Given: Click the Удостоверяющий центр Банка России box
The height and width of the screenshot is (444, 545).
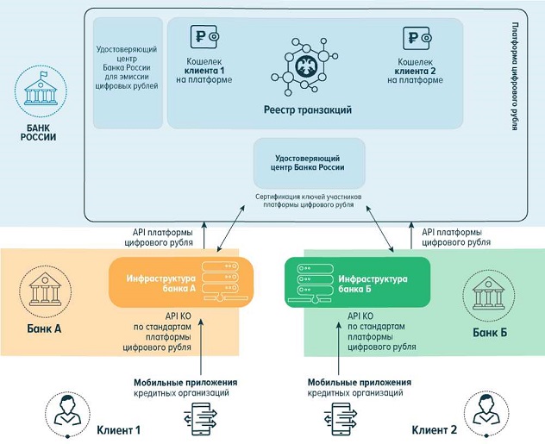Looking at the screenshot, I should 309,163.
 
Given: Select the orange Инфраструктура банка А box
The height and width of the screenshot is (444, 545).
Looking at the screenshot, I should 179,282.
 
